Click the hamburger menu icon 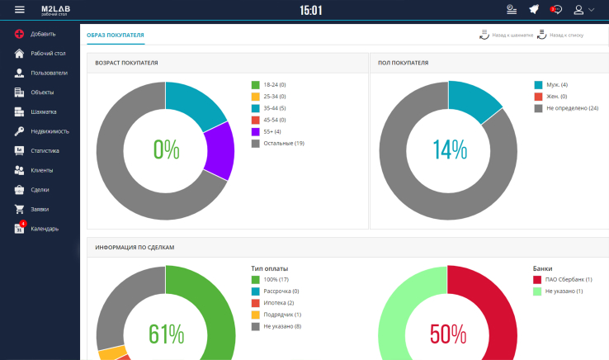pos(20,10)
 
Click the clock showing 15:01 pos(310,11)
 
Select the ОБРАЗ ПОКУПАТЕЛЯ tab pos(116,36)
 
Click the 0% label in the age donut pos(166,149)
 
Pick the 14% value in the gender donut pos(449,149)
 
